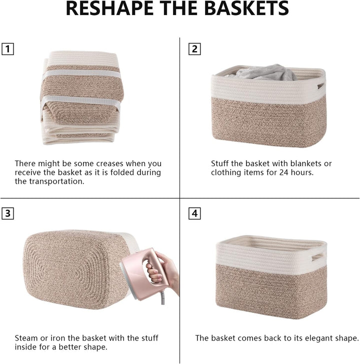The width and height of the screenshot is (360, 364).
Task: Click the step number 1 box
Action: click(8, 49)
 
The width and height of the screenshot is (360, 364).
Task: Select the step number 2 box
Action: click(195, 49)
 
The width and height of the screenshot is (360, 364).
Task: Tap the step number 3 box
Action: click(8, 213)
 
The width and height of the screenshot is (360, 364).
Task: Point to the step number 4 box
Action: click(195, 213)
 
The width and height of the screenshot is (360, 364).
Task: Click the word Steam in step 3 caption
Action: click(25, 338)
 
